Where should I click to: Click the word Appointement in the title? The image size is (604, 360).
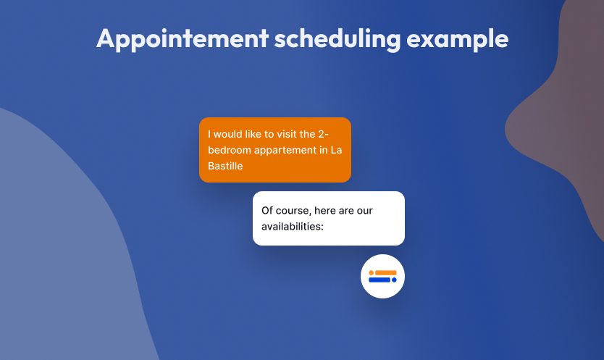(x=183, y=39)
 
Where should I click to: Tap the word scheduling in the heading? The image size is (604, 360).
(x=337, y=39)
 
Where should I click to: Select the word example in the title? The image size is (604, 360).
(x=458, y=39)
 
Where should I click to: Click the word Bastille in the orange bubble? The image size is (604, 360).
(x=225, y=166)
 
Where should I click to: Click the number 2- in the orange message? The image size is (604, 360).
(x=323, y=134)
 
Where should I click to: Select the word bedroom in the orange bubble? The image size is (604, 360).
(x=230, y=150)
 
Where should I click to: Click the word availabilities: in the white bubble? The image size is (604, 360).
(x=293, y=226)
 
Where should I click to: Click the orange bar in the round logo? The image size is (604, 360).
(x=385, y=273)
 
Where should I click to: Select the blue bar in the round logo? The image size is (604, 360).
(x=379, y=280)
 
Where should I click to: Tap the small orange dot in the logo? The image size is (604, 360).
(x=372, y=273)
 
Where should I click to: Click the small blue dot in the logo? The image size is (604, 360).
(x=394, y=280)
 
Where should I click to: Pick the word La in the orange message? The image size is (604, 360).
(x=336, y=150)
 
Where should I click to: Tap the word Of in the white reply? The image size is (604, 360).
(x=267, y=211)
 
